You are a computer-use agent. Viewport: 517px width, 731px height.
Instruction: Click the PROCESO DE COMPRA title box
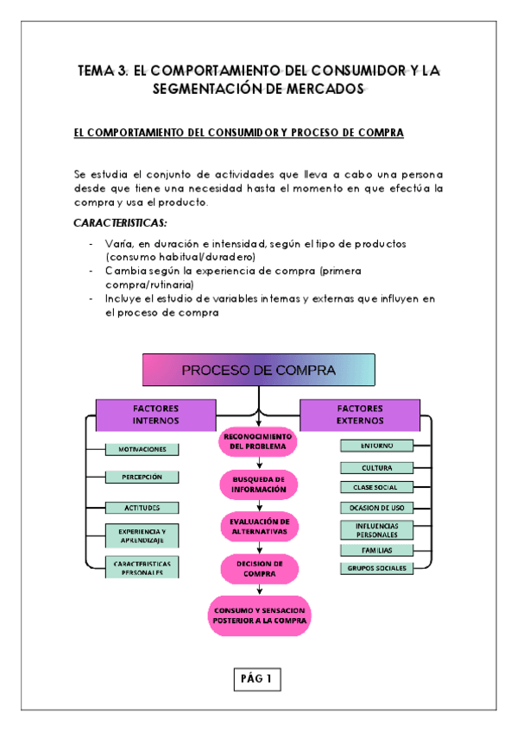click(x=258, y=371)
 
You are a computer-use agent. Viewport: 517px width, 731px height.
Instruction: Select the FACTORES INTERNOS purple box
click(x=155, y=415)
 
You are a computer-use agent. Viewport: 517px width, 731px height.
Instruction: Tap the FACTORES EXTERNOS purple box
click(x=360, y=415)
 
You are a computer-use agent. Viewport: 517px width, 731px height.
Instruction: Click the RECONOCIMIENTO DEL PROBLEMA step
click(x=259, y=441)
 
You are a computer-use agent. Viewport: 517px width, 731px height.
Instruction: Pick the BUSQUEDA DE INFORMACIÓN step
click(x=259, y=484)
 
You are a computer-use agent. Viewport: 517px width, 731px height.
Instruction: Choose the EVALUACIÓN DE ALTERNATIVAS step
click(x=259, y=526)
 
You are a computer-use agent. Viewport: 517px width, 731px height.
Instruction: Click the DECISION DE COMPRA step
click(x=259, y=568)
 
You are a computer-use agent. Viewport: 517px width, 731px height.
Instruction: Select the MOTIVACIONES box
click(x=142, y=449)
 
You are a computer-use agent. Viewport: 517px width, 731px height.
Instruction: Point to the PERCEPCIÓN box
click(x=142, y=477)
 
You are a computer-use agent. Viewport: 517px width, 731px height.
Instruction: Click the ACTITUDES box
click(x=142, y=508)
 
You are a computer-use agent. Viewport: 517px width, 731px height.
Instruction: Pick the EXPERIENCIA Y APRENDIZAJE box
click(x=142, y=536)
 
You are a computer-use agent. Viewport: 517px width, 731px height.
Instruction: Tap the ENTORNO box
click(x=377, y=446)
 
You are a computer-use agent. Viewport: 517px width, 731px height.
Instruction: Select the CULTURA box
click(x=377, y=467)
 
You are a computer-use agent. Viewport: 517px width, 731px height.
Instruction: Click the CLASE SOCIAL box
click(x=377, y=487)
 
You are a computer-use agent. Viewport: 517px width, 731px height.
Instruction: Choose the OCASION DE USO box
click(x=377, y=508)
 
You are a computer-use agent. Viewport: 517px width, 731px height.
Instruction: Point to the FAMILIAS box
click(x=377, y=549)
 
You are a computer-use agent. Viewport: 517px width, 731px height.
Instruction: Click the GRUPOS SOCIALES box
click(x=377, y=568)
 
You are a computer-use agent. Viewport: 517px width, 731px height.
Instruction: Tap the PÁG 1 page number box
click(x=257, y=678)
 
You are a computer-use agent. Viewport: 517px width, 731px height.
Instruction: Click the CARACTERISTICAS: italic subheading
click(x=120, y=224)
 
